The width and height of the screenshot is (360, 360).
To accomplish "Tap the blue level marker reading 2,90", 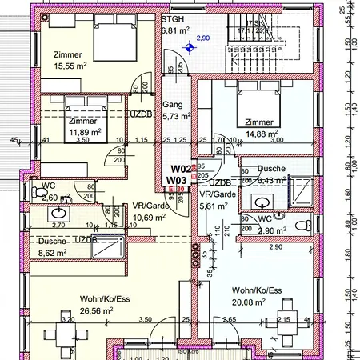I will tap(202, 38).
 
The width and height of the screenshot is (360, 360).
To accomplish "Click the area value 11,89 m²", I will tap(84, 132).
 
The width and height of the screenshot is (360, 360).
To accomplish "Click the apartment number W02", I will tap(177, 169).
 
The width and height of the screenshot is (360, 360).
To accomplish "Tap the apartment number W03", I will tap(177, 181).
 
